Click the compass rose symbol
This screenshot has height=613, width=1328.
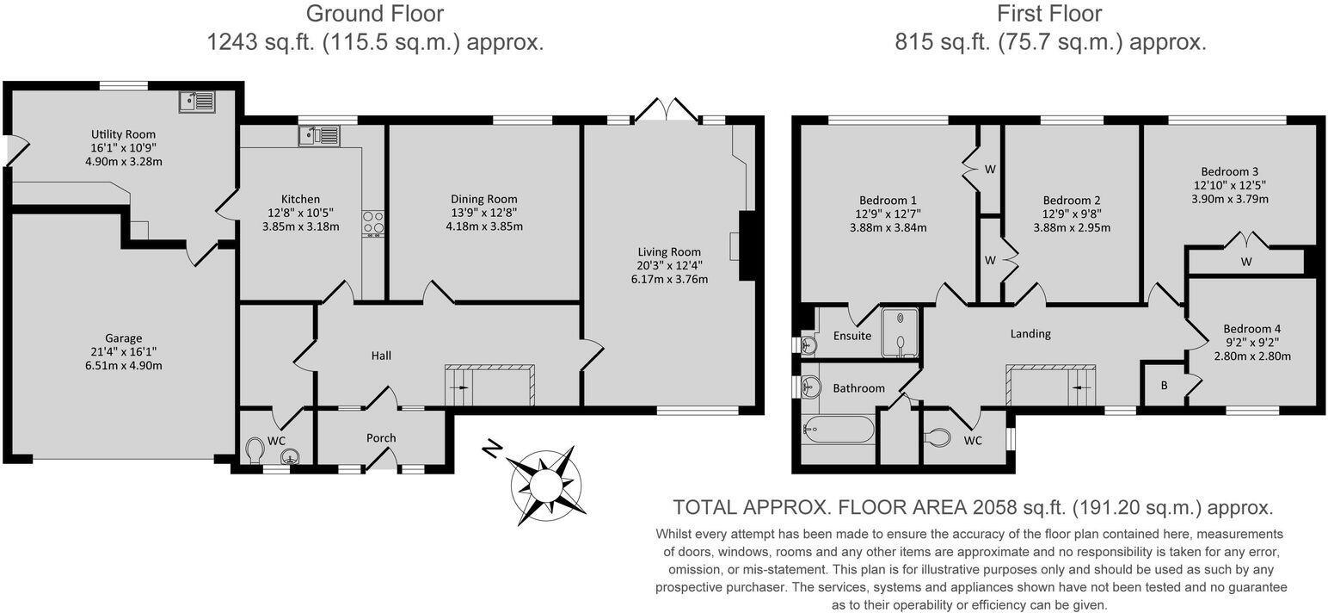click(x=544, y=486)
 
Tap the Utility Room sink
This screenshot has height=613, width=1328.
click(x=198, y=102)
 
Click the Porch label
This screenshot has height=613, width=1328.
click(x=381, y=437)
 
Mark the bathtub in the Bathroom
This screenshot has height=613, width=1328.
click(x=838, y=430)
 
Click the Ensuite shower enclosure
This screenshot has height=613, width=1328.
click(x=900, y=332)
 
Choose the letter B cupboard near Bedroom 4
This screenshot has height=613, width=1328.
click(x=1164, y=385)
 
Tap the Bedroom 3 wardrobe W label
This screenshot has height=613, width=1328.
click(x=1245, y=261)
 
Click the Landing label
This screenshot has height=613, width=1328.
click(x=1030, y=333)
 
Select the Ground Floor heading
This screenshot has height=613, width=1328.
click(x=375, y=14)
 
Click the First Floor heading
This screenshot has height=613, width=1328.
click(x=1048, y=14)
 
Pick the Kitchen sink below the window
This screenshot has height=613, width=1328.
click(x=319, y=135)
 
